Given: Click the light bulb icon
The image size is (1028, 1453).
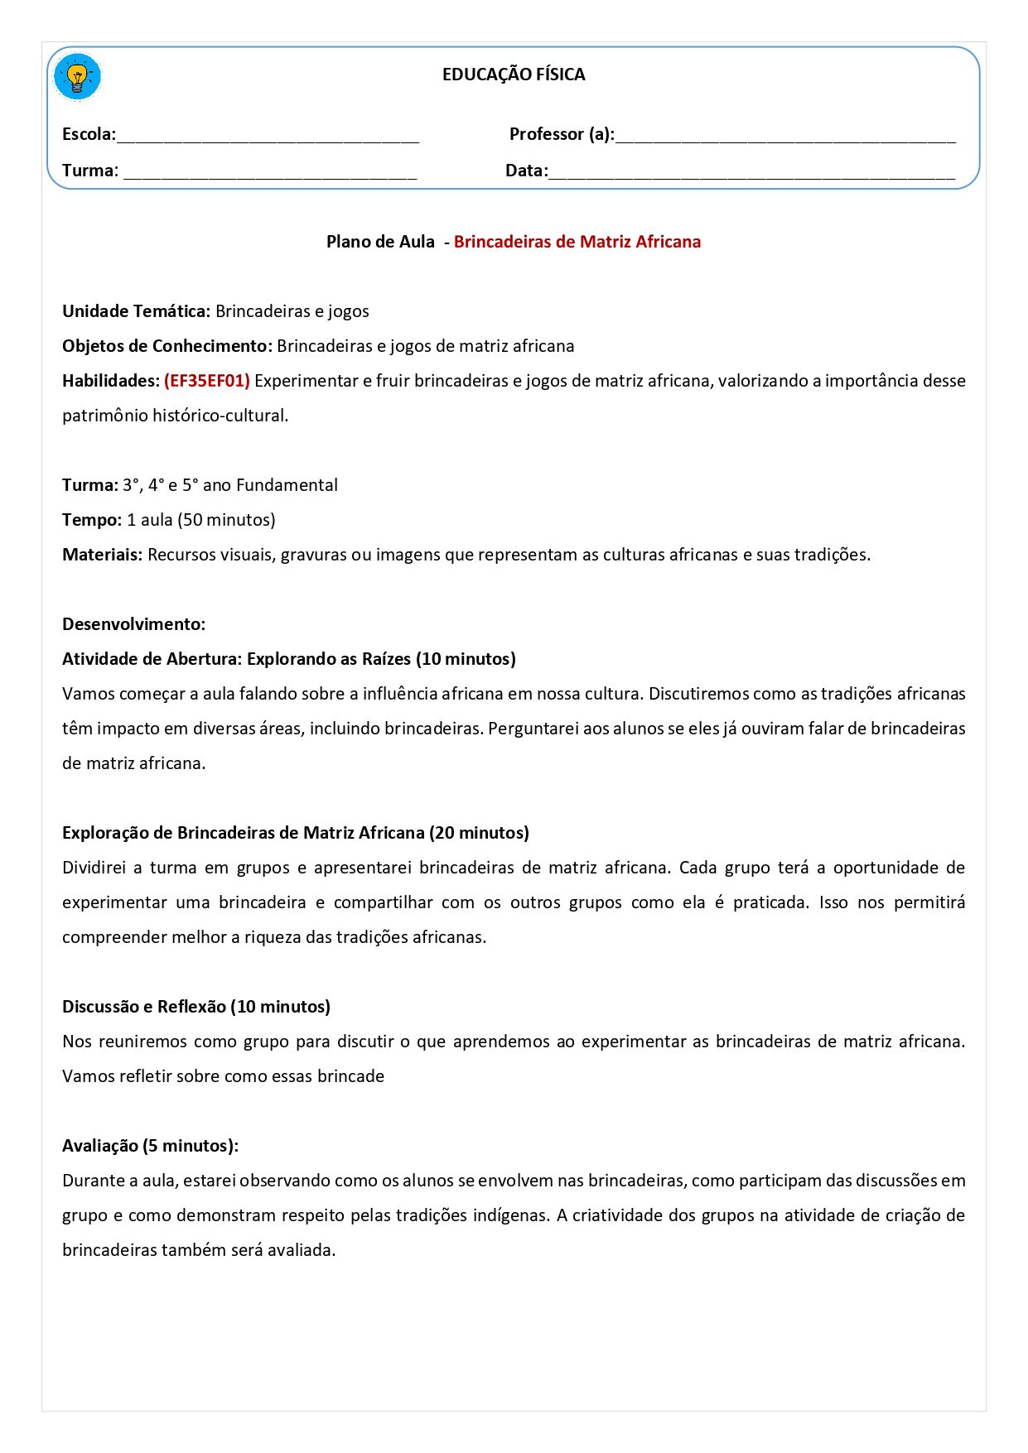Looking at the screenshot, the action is tap(77, 77).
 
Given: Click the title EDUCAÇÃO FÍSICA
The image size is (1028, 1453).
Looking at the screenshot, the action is tap(514, 75).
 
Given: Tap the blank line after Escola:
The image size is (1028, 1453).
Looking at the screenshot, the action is tap(268, 137).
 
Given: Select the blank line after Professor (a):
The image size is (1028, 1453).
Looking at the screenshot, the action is tap(784, 137).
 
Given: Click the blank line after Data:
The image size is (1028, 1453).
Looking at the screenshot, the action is tap(751, 173).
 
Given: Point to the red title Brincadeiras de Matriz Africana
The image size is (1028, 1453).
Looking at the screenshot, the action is tap(577, 242).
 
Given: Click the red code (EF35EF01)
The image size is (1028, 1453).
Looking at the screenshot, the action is tap(207, 381).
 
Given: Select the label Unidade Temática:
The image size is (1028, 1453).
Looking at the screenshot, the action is tap(137, 311).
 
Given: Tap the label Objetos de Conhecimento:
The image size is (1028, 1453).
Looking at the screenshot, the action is tap(167, 346).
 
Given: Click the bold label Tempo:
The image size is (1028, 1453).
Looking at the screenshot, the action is tap(92, 520).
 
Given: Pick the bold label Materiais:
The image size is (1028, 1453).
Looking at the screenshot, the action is tap(103, 555).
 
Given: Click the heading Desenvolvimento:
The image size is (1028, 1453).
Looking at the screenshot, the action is tap(133, 624).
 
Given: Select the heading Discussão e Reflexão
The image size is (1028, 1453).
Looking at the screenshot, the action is tap(144, 1007).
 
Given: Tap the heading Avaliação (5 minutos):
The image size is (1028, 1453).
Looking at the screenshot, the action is tap(150, 1146).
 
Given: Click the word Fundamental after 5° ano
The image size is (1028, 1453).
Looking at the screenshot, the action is tap(287, 485).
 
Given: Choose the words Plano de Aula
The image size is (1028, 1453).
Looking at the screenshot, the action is tap(380, 242).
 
